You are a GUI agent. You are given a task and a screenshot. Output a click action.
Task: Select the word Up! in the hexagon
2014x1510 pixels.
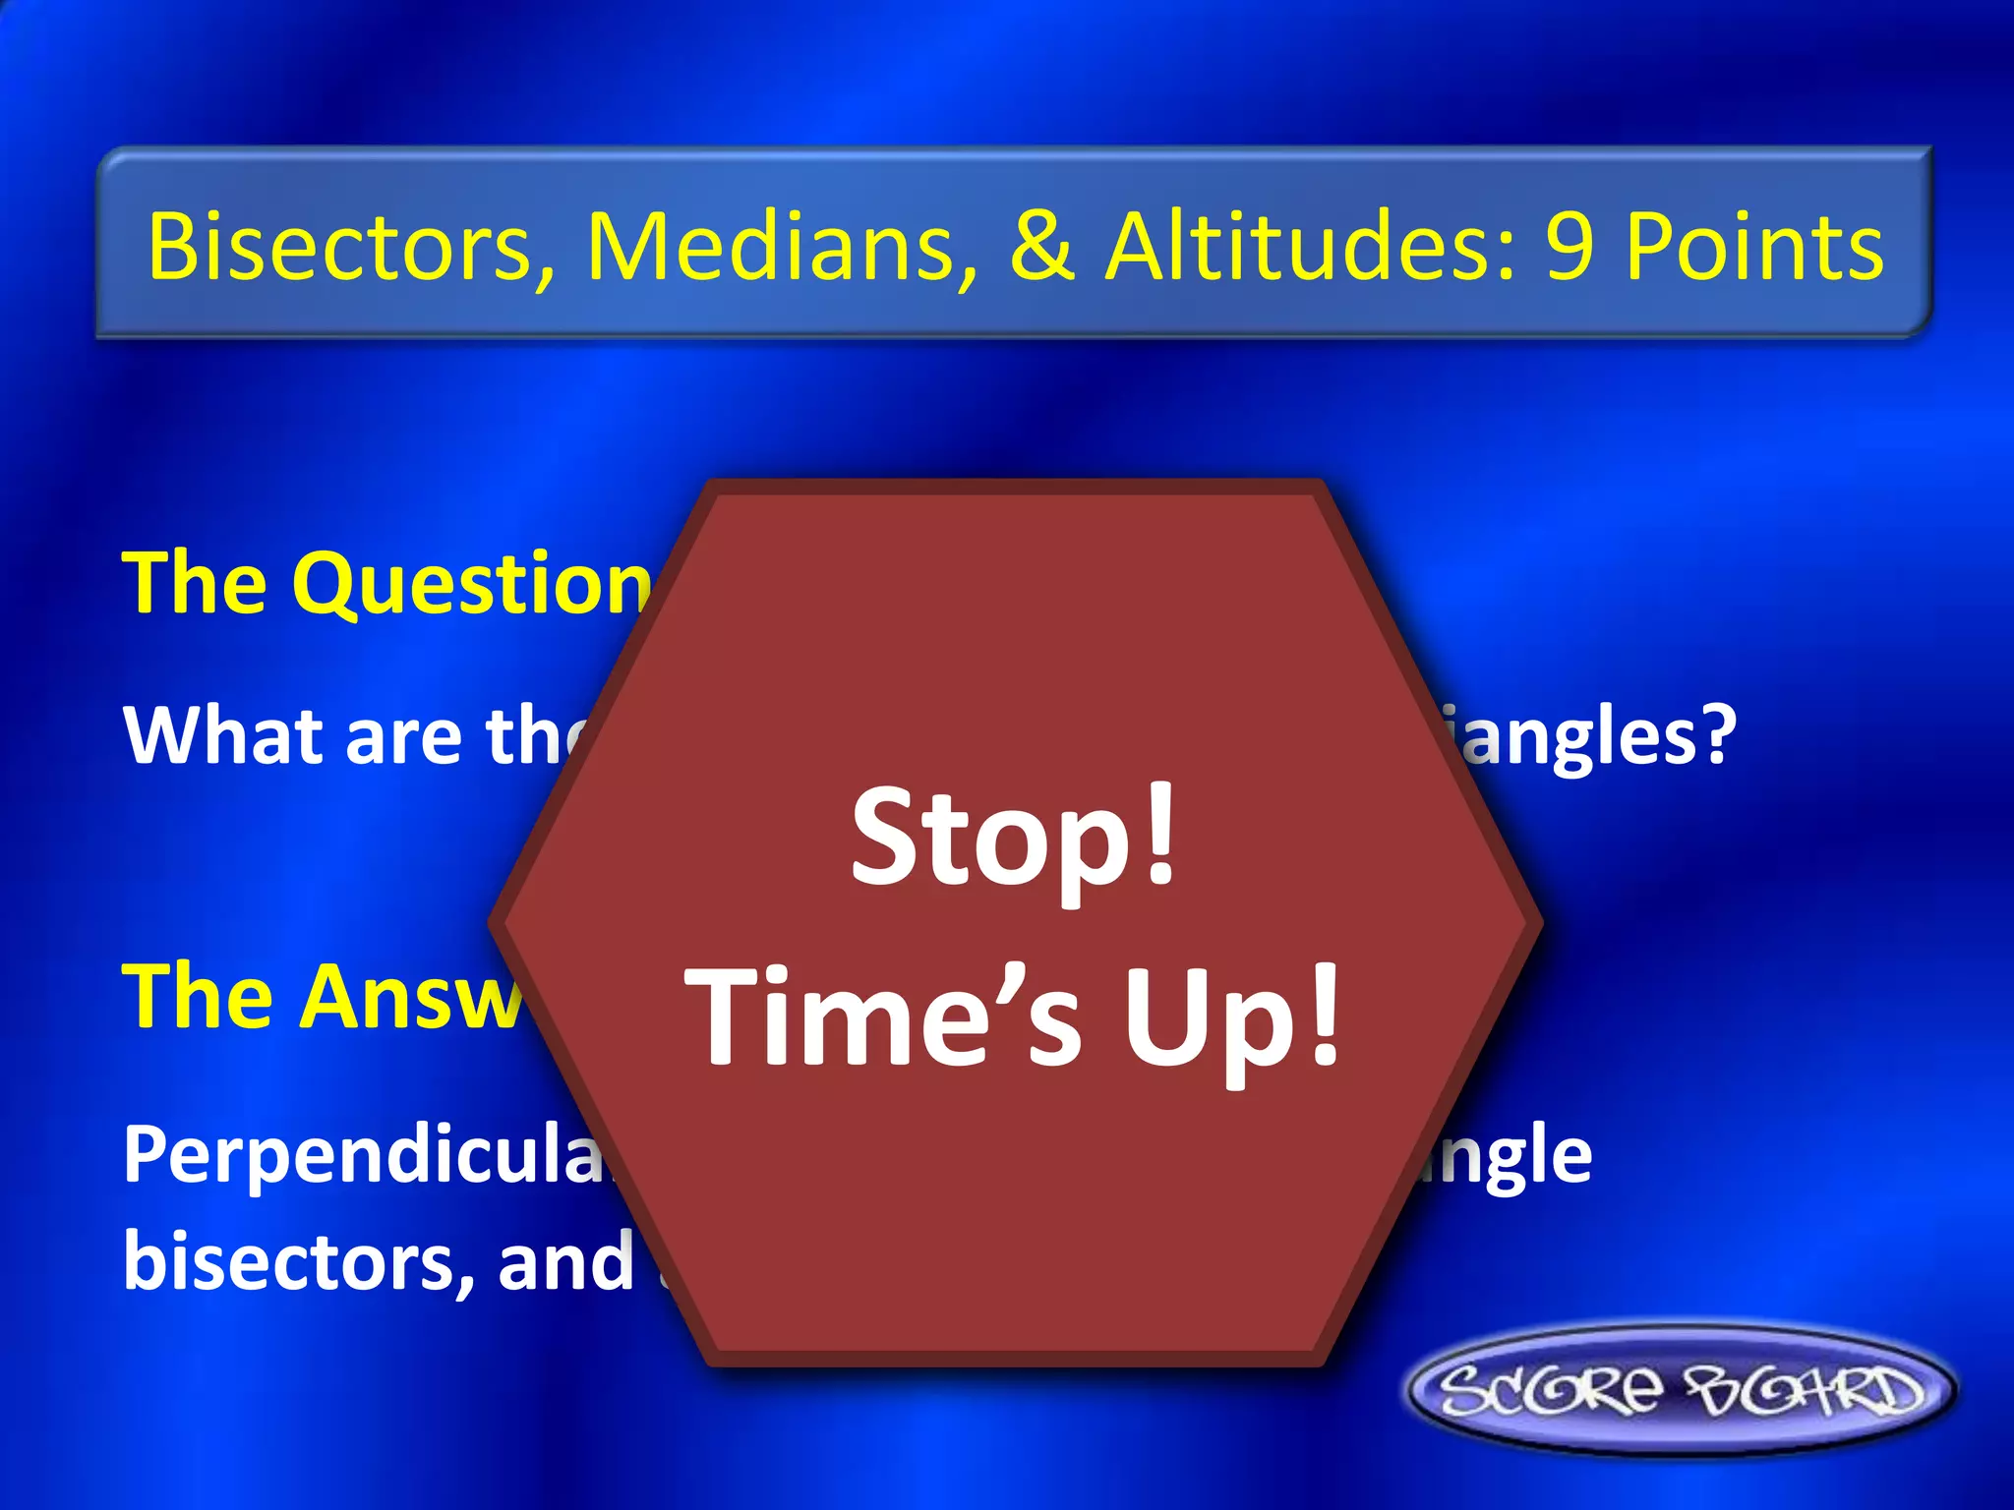tap(1233, 1018)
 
